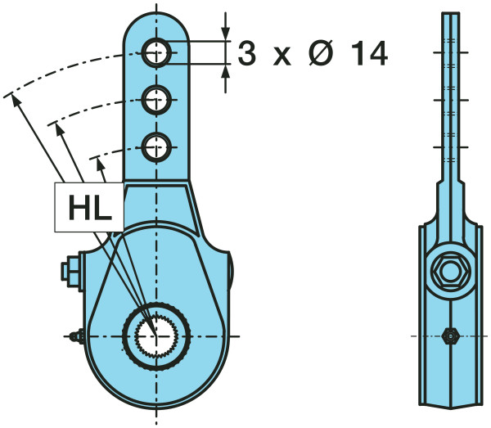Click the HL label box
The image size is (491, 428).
tap(88, 206)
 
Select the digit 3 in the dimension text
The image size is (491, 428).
tap(245, 54)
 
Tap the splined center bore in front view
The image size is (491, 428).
tap(156, 336)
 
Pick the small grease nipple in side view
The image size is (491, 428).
tap(448, 336)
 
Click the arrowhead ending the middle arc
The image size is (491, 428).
tap(56, 126)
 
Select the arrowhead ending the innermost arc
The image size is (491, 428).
tap(101, 162)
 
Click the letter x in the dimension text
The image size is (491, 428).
tap(281, 56)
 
